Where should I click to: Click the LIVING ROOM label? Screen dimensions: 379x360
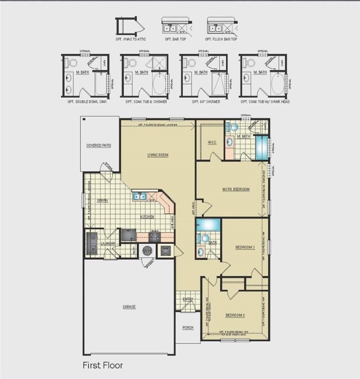click(158, 155)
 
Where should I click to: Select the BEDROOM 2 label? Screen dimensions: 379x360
click(235, 315)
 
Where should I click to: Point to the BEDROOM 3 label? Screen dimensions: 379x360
click(244, 248)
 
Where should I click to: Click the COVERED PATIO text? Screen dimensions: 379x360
click(99, 146)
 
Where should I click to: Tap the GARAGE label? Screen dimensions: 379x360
click(129, 307)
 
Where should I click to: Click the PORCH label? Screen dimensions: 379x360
click(187, 328)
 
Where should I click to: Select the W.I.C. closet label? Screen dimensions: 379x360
click(213, 143)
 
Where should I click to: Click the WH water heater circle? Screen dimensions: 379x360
click(147, 251)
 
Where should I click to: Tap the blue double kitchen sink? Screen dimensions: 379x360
click(139, 197)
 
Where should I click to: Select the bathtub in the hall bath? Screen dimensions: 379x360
click(209, 225)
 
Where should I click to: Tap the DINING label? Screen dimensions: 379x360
click(103, 200)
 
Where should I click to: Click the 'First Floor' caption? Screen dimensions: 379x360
click(103, 366)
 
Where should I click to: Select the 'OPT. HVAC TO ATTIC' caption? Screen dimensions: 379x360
click(131, 38)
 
